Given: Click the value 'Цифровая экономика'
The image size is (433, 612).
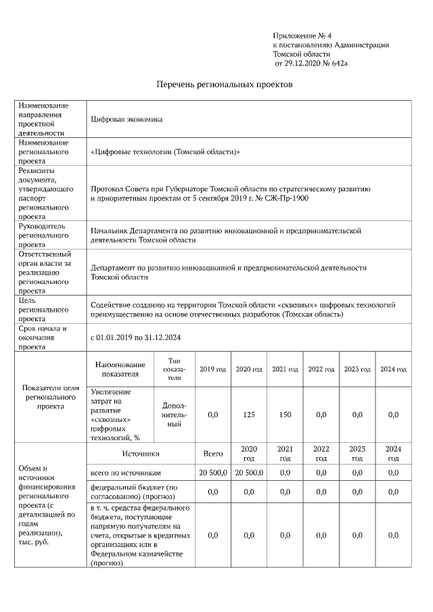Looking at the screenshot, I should click(x=127, y=119).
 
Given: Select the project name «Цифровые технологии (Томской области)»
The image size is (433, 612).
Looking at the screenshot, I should click(x=165, y=152).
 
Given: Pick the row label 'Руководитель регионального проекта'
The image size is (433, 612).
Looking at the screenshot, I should click(x=44, y=235).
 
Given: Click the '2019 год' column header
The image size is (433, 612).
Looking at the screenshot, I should click(x=212, y=369).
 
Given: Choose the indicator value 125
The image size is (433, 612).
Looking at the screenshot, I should click(x=248, y=415).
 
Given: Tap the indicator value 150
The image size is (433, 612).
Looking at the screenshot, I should click(x=285, y=415).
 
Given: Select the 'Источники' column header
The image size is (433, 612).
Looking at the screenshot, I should click(x=141, y=454).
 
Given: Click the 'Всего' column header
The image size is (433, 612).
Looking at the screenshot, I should click(x=212, y=454).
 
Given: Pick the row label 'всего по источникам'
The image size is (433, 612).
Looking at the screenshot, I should click(x=126, y=473).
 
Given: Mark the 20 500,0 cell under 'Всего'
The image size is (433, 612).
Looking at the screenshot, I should click(x=212, y=473).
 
